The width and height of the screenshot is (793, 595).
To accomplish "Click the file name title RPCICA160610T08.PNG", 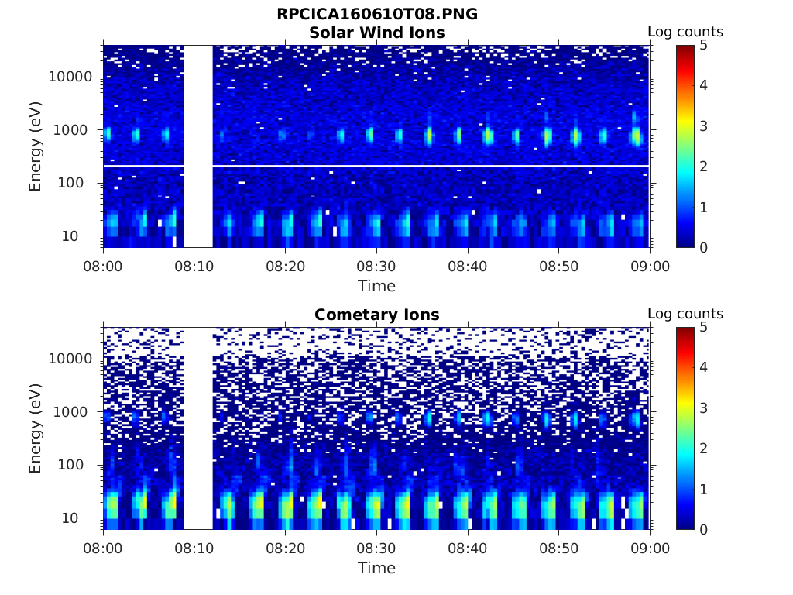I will [x=376, y=15].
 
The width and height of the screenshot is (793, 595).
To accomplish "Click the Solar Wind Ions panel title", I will [x=376, y=33].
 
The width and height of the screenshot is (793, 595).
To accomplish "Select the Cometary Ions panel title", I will [x=376, y=315].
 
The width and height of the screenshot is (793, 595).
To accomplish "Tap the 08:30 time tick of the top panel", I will [x=376, y=266].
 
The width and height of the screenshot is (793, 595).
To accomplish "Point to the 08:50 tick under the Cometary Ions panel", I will [x=558, y=548].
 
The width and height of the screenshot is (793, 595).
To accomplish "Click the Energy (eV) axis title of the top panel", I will [x=36, y=146].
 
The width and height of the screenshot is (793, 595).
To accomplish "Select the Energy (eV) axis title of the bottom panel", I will [x=36, y=428].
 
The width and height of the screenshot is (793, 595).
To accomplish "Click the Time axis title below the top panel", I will [x=376, y=286].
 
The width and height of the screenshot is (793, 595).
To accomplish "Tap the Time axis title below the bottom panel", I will [x=376, y=568].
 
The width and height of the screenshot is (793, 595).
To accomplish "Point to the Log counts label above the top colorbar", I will [x=685, y=32].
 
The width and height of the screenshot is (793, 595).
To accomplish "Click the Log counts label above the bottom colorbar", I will [x=685, y=314].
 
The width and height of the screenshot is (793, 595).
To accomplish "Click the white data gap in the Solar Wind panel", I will [x=198, y=146].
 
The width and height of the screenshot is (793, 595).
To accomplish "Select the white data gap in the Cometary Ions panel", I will [x=198, y=428].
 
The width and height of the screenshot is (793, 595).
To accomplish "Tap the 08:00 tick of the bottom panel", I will [x=103, y=548].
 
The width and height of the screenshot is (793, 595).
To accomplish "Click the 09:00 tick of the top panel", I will [x=650, y=266].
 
